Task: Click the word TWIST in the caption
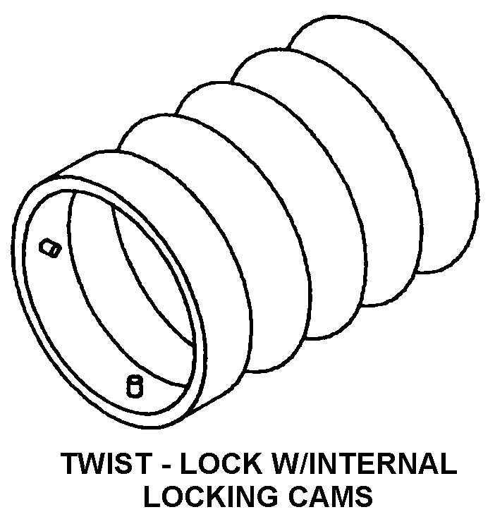[x=106, y=464]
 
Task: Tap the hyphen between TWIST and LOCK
[x=166, y=465]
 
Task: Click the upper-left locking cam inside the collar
[x=50, y=248]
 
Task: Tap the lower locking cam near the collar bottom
[x=134, y=386]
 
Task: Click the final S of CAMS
[x=362, y=495]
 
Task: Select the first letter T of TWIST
[x=73, y=464]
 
